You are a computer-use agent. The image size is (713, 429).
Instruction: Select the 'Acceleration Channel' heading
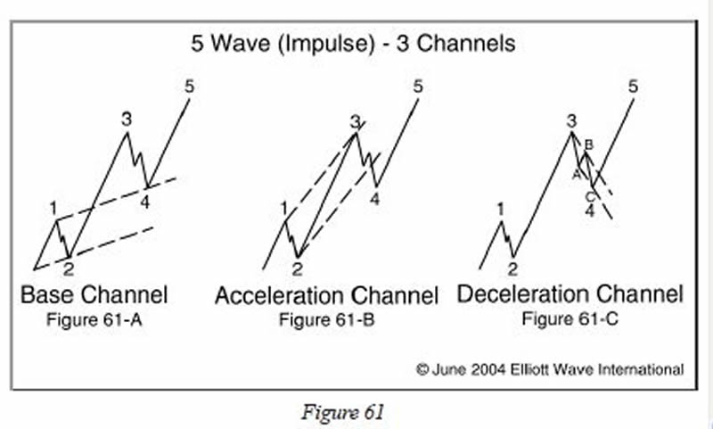(326, 295)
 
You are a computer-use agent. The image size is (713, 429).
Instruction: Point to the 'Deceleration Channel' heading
(570, 293)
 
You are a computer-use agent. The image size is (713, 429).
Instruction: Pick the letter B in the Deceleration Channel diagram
(588, 144)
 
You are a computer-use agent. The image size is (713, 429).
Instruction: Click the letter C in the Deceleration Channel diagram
(589, 196)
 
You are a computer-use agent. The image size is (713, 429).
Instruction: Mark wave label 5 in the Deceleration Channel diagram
(633, 87)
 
